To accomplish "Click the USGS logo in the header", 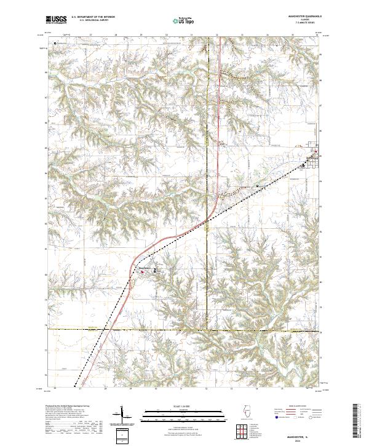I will (56, 20).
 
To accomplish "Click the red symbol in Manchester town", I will (148, 269).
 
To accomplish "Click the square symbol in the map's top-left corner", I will (55, 44).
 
